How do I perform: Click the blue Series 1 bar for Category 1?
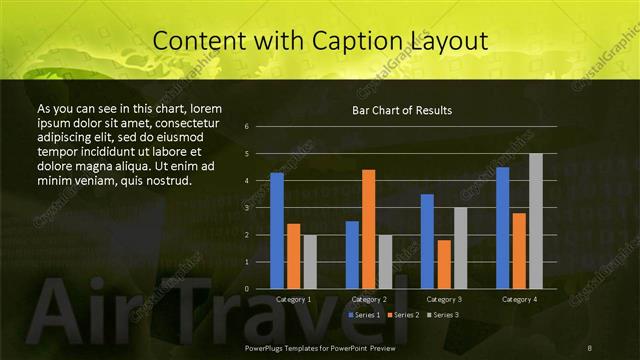[x=277, y=231]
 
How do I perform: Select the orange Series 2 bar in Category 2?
[x=368, y=229]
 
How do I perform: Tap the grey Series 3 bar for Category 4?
[x=535, y=221]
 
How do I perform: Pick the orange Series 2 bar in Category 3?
[x=444, y=264]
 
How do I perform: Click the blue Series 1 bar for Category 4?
[x=503, y=228]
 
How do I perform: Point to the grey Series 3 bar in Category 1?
[x=309, y=262]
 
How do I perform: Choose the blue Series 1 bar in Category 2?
[x=352, y=255]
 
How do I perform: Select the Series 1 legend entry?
[x=363, y=315]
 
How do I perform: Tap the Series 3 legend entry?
[x=445, y=315]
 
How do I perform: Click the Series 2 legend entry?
[x=404, y=315]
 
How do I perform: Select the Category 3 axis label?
[x=443, y=299]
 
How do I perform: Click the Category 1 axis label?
[x=293, y=299]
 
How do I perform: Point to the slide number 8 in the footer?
[x=591, y=346]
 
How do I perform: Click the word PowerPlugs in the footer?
[x=266, y=346]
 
